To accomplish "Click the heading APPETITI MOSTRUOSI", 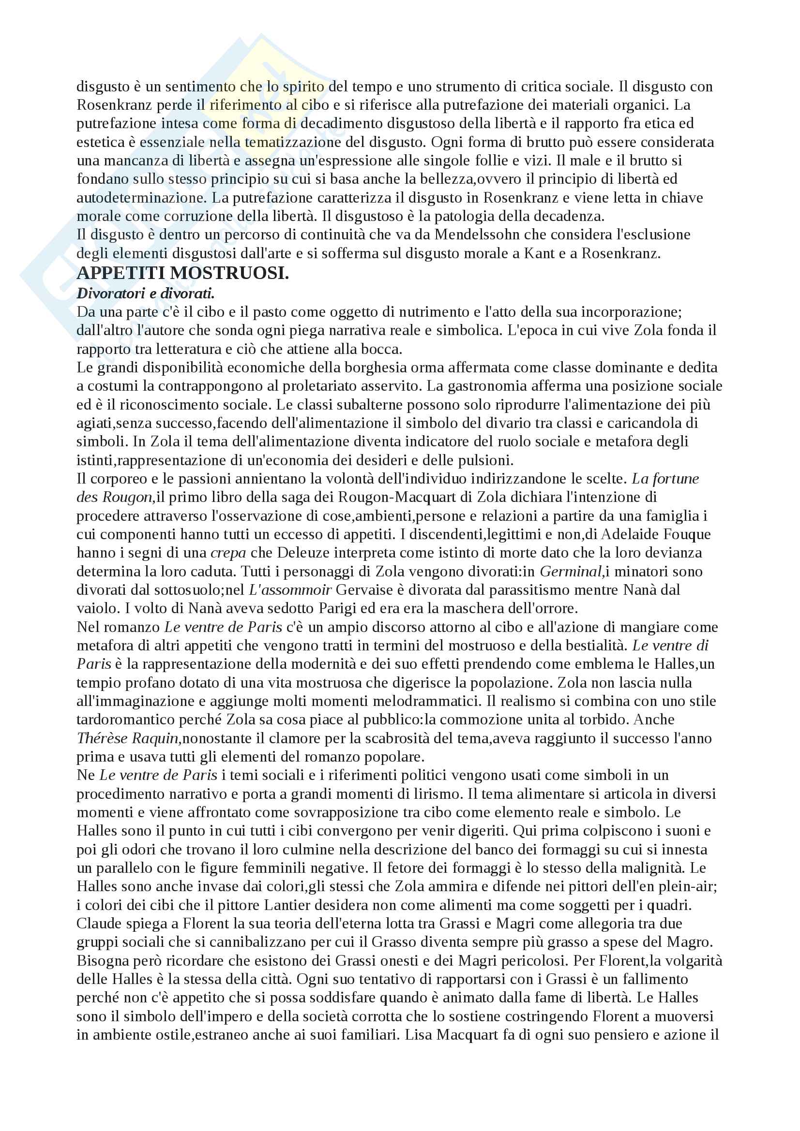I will (183, 273).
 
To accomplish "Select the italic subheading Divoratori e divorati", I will (145, 294).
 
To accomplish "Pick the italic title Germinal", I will (571, 572).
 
